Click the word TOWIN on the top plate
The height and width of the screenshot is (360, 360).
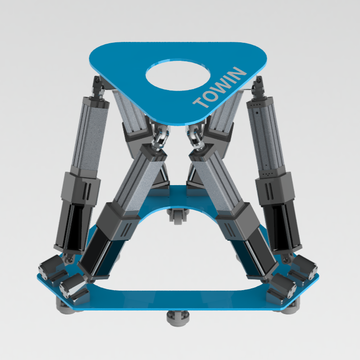click(x=220, y=87)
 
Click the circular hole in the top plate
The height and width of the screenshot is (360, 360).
click(x=178, y=75)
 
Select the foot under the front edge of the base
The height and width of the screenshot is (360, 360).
click(x=178, y=318)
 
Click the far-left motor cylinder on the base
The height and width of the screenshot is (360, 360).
click(x=51, y=268)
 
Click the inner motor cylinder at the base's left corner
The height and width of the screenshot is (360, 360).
click(x=73, y=286)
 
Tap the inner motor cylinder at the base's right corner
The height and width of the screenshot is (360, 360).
click(x=283, y=286)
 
